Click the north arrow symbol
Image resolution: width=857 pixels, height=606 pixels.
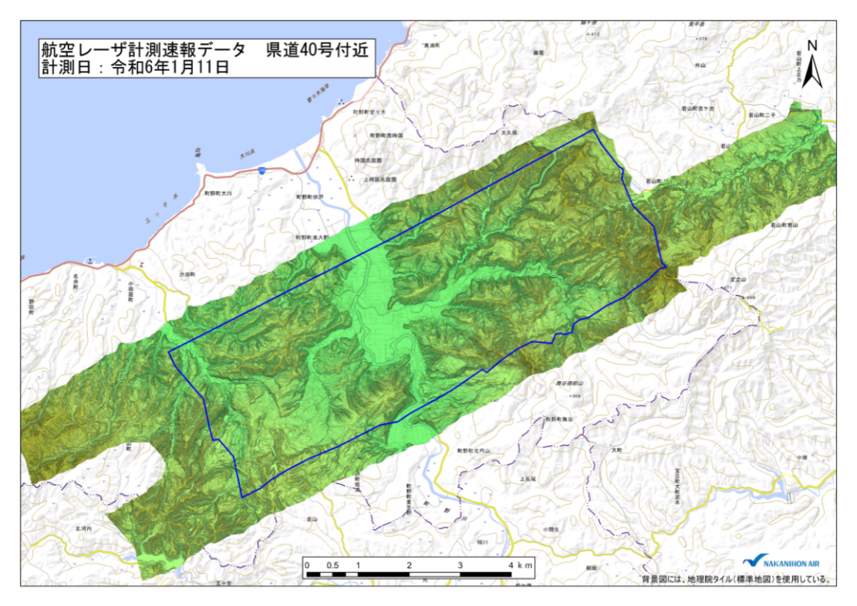[815, 69]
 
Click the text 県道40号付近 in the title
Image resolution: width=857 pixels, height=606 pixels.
[315, 50]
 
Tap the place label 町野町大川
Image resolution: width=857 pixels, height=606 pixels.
[218, 193]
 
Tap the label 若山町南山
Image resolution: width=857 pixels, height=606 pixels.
[784, 224]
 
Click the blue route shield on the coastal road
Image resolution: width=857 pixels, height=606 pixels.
[263, 171]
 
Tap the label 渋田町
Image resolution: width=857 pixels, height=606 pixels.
[186, 275]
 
